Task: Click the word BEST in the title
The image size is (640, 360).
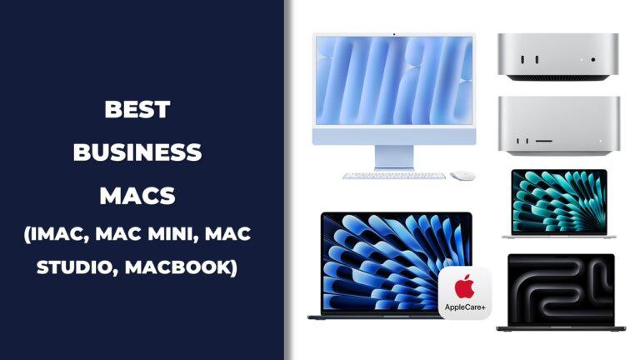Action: pos(137,109)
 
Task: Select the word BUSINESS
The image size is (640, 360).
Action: pos(137,152)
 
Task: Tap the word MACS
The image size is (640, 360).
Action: pos(137,196)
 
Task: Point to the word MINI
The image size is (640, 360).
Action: pos(173,234)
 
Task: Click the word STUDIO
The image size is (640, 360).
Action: pos(77,267)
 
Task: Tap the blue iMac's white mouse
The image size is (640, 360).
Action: pos(462,176)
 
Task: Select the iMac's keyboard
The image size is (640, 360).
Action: pos(394,176)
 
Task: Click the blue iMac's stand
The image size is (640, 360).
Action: pos(394,157)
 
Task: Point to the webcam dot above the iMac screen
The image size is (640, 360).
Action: pos(394,34)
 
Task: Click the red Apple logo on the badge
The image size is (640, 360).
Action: pos(464,287)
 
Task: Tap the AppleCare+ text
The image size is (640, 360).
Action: pos(465,307)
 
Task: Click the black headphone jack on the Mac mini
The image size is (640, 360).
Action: pos(592,60)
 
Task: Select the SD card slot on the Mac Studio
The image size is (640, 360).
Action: pos(543,141)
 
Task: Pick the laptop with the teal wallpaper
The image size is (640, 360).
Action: pos(559,203)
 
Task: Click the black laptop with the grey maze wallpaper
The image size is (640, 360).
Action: pos(561,292)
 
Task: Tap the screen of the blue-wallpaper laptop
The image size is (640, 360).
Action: pos(397,263)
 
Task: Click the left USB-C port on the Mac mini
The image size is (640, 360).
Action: pos(522,60)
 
